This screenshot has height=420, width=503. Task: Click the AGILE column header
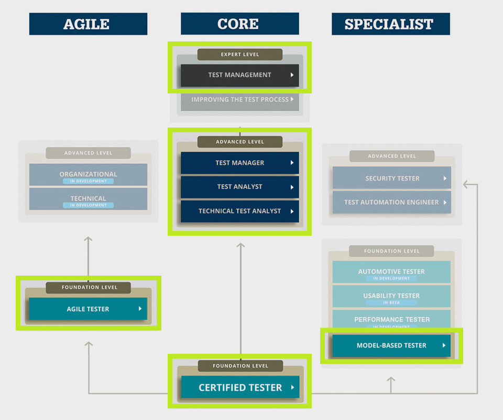click(x=88, y=24)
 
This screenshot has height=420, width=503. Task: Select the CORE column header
click(x=239, y=24)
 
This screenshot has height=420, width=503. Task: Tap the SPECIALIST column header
click(x=390, y=24)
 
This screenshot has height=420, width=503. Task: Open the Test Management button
click(x=239, y=75)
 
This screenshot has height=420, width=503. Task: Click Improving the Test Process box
click(x=239, y=100)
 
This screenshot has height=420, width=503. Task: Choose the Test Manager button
click(x=239, y=163)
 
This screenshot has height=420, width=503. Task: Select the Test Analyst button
click(x=239, y=187)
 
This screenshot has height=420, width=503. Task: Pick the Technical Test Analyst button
click(x=239, y=211)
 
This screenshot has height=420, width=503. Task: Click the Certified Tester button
click(x=240, y=387)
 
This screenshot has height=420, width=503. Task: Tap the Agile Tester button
click(x=88, y=309)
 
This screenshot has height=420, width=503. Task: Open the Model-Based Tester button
click(x=391, y=345)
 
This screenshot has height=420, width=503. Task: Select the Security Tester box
click(x=391, y=178)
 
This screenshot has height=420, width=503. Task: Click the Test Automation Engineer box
click(x=391, y=202)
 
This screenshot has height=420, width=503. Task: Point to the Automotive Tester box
click(x=391, y=271)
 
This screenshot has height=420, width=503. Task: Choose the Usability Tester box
click(x=391, y=296)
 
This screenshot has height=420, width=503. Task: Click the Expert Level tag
click(x=239, y=55)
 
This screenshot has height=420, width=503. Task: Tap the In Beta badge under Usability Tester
click(x=392, y=303)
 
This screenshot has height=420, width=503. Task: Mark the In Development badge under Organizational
click(x=88, y=181)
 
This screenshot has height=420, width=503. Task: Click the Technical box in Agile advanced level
click(x=88, y=199)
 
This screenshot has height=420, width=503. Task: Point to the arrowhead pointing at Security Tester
click(x=466, y=184)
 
